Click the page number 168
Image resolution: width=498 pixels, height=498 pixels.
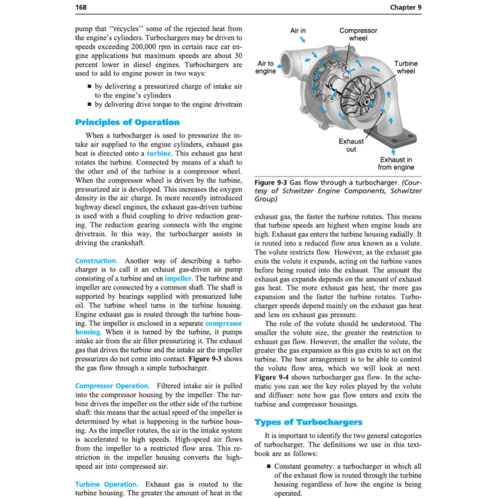pos(82,7)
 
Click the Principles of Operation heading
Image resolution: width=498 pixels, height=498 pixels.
pos(127,122)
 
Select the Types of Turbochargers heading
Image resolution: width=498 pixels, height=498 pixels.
pos(308,422)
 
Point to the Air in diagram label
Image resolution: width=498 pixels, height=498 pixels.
pos(298,31)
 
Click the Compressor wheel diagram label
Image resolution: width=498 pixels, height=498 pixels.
pos(358,34)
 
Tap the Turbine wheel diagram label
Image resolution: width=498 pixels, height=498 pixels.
pos(406,67)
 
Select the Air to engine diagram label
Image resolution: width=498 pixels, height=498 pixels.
pos(266,67)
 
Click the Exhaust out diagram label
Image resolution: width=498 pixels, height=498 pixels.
pos(351,145)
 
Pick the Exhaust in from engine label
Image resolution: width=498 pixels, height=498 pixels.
pos(397,163)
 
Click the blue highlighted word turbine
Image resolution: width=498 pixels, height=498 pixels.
pos(159,153)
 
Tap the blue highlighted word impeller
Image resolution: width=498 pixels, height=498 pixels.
pos(178,279)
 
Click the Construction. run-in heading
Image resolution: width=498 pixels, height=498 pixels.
pos(96,261)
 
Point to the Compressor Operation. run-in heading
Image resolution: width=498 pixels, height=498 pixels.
pos(112,386)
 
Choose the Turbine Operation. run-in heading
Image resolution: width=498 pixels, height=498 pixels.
pos(107,484)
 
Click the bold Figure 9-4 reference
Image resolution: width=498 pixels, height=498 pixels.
pos(271,377)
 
